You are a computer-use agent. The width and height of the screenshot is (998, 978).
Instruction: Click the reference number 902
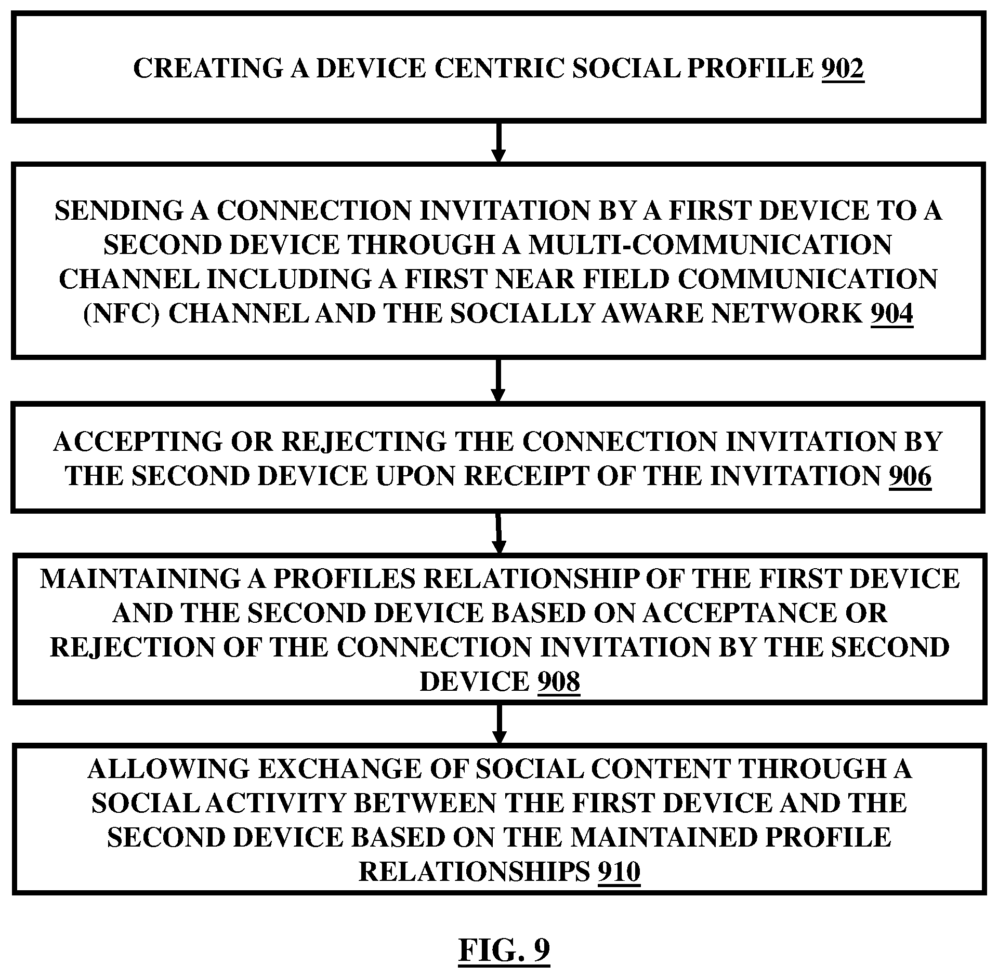[843, 69]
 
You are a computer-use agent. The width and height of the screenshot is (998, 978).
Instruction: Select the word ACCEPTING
[137, 442]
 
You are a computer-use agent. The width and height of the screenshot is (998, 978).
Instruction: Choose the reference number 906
[910, 476]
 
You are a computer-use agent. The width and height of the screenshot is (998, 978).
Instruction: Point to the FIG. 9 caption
[504, 950]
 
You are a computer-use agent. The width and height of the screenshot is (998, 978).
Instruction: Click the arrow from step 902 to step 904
[498, 143]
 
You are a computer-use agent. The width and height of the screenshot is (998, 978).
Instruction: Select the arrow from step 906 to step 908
[498, 533]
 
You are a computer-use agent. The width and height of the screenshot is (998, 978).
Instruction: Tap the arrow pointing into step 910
[498, 724]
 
